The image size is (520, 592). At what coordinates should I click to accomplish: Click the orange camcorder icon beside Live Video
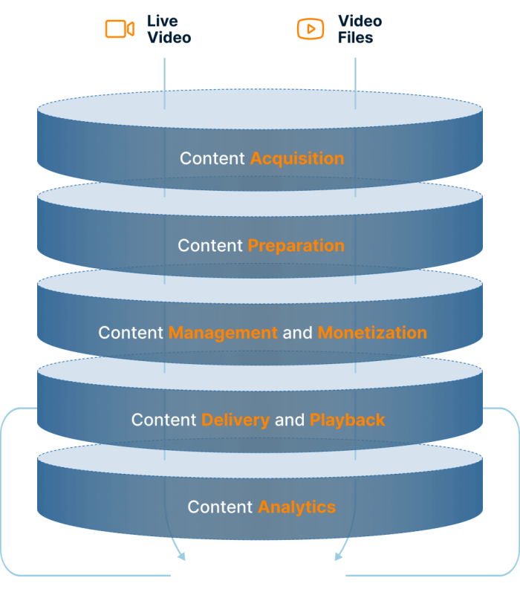(x=120, y=29)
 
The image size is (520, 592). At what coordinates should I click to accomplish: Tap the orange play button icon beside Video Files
(x=311, y=29)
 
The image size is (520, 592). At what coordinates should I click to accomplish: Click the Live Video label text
(x=169, y=29)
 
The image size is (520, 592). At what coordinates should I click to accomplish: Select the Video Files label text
(x=360, y=29)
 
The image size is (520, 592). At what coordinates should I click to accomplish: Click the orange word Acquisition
(x=297, y=158)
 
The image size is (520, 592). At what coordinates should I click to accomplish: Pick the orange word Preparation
(x=296, y=246)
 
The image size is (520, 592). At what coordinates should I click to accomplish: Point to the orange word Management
(x=223, y=333)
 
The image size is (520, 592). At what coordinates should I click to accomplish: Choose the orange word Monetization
(x=372, y=333)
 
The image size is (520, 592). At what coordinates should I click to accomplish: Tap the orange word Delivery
(x=235, y=420)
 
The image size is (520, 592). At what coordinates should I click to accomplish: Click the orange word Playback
(x=348, y=420)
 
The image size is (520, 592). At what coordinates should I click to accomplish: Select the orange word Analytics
(x=297, y=507)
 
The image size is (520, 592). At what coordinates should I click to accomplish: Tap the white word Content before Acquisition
(x=212, y=158)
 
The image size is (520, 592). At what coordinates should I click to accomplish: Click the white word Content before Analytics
(x=220, y=507)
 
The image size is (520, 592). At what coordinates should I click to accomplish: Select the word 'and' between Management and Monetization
(x=297, y=333)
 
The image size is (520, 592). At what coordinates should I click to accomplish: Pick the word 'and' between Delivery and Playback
(x=290, y=420)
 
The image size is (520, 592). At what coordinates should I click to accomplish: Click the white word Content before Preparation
(x=210, y=246)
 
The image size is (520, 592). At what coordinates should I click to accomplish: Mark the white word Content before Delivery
(x=163, y=420)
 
